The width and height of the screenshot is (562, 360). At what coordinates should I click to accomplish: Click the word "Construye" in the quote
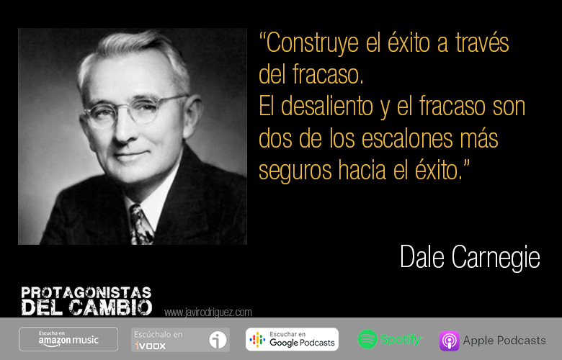click(312, 44)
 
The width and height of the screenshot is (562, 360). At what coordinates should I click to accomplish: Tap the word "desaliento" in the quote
click(327, 107)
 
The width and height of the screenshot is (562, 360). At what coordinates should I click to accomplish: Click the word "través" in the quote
click(482, 43)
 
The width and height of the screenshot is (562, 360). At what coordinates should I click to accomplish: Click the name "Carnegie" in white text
click(495, 258)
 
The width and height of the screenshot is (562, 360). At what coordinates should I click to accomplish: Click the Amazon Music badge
click(68, 339)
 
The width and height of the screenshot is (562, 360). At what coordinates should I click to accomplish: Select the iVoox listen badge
click(180, 340)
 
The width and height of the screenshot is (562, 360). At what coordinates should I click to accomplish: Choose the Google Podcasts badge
click(292, 339)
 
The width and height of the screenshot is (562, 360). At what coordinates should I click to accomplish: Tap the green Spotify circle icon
click(367, 339)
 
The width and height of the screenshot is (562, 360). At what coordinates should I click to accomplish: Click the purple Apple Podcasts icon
click(450, 341)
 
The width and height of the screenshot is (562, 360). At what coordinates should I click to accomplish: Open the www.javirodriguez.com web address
click(208, 312)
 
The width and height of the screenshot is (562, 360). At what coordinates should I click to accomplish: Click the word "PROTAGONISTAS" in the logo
click(86, 292)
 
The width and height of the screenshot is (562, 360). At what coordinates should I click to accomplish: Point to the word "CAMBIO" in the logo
click(111, 307)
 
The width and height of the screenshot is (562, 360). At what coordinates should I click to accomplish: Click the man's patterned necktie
click(140, 225)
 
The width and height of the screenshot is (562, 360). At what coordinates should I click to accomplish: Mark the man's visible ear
click(192, 117)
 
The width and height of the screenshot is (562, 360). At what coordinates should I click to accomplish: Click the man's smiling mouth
click(131, 155)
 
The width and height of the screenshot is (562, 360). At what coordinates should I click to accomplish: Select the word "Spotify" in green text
click(401, 339)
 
